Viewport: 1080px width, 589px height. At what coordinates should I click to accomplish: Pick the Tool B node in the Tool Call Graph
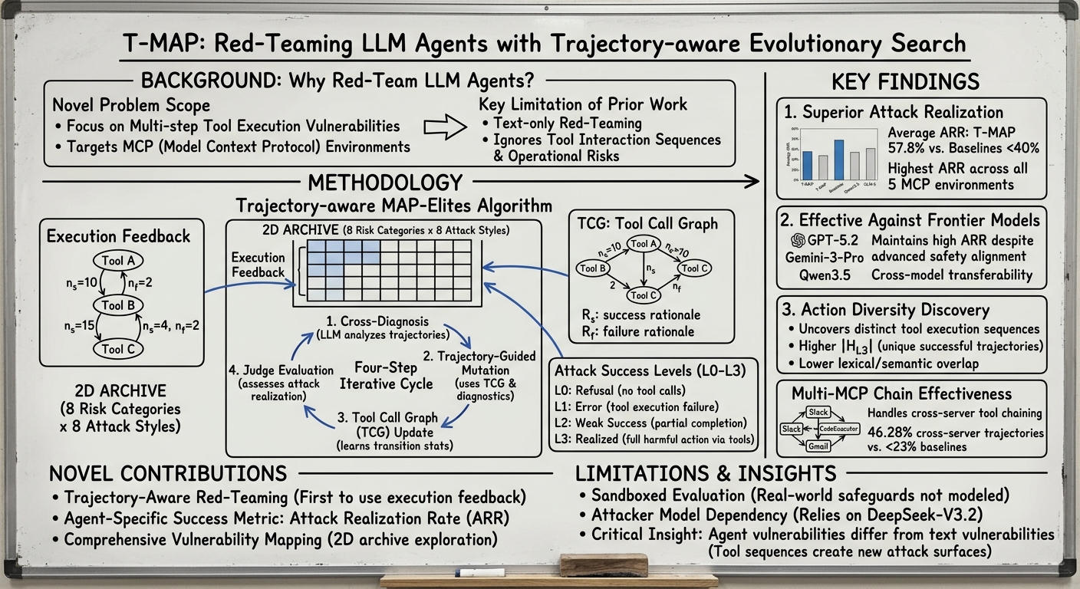click(594, 268)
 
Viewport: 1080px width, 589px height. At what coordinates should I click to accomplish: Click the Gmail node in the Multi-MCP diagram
click(818, 446)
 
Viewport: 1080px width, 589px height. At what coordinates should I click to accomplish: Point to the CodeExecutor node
click(838, 429)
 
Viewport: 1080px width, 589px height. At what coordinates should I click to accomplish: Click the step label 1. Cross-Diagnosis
click(377, 322)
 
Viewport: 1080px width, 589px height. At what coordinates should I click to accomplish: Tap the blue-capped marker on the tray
click(479, 572)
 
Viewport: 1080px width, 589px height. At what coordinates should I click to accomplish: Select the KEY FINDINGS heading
click(905, 82)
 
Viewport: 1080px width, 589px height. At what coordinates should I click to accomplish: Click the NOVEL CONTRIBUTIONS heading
click(167, 473)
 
